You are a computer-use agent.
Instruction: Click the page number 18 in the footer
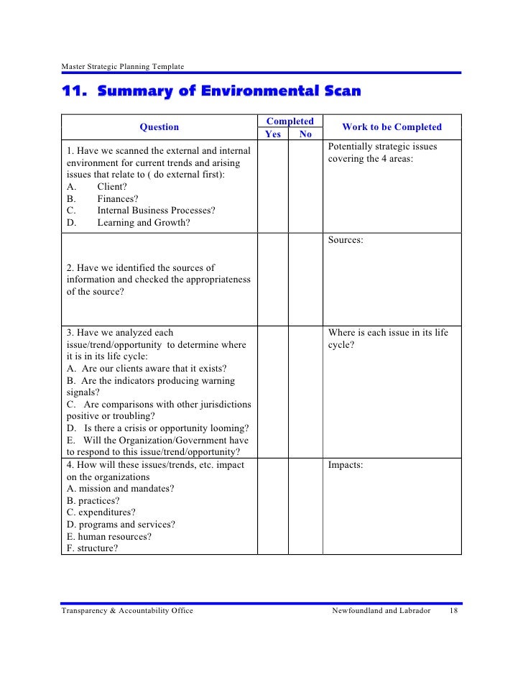click(x=453, y=610)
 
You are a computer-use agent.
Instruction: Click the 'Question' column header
click(x=159, y=127)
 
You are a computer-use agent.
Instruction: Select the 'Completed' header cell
click(x=290, y=121)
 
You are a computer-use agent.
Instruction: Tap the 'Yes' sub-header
click(x=273, y=134)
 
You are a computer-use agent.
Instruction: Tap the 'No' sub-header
click(x=305, y=134)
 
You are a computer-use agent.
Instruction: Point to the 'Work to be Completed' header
click(x=392, y=127)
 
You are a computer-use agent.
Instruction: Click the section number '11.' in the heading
click(x=74, y=92)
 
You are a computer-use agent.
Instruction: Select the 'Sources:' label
click(x=346, y=240)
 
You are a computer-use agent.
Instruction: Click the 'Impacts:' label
click(x=346, y=465)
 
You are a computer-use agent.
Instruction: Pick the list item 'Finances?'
click(x=118, y=198)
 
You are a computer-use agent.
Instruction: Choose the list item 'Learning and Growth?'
click(x=144, y=223)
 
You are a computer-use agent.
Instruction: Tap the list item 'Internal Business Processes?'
click(x=156, y=211)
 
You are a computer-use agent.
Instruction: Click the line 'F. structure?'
click(x=93, y=548)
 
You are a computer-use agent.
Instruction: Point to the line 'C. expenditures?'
click(x=101, y=512)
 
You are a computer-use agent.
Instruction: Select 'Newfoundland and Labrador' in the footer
click(x=381, y=610)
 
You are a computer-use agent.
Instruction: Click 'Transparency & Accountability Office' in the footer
click(x=126, y=610)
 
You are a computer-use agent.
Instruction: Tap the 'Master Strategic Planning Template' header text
click(x=122, y=67)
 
